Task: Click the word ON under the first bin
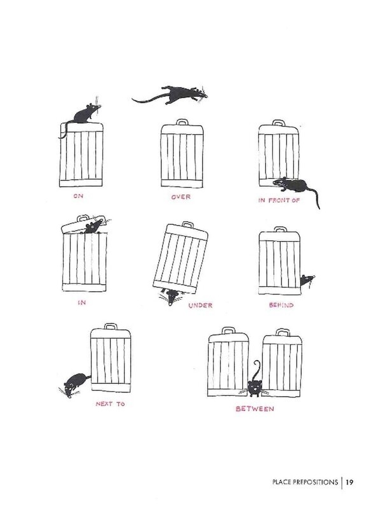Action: coord(78,196)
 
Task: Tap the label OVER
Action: coord(181,197)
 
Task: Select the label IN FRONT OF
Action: coord(279,200)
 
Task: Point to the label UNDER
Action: coord(200,305)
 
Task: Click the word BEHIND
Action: coord(281,305)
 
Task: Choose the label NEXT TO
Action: coord(110,404)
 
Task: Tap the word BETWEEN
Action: coord(255,408)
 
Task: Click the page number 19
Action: coord(349,482)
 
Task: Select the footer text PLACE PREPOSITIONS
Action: coord(305,482)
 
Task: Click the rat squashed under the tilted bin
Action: coord(172,296)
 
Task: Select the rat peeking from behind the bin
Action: coord(307,280)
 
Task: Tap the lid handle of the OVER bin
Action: coord(183,122)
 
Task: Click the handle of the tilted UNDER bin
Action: coord(188,225)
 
